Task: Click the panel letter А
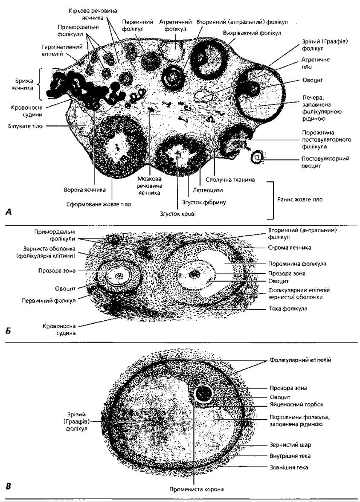tap(9, 212)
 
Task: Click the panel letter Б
tap(9, 331)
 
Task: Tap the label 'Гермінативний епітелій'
tap(62, 50)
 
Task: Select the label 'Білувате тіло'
tap(25, 126)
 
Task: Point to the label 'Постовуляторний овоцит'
tap(325, 162)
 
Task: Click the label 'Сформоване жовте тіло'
tap(99, 204)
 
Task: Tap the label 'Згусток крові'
tap(178, 214)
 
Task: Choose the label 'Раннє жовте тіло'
tap(300, 200)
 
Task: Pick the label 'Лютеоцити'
tap(208, 190)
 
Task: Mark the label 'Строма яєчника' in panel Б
tap(289, 247)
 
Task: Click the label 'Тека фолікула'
tap(287, 309)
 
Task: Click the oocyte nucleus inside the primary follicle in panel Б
tap(120, 276)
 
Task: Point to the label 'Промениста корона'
tap(196, 489)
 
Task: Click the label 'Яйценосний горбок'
tap(296, 404)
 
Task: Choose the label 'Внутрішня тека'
tap(290, 456)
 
